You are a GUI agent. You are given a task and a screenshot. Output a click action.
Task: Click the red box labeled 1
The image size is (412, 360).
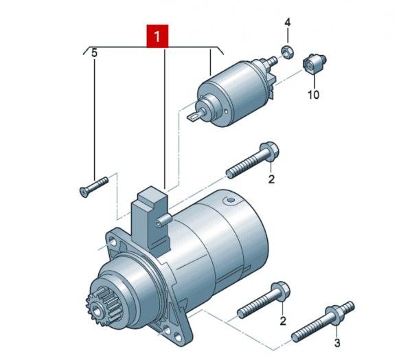(157, 36)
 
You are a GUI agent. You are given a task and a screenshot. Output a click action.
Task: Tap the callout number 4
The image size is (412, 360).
(288, 23)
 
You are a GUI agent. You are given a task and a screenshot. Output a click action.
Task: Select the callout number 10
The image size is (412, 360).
(314, 95)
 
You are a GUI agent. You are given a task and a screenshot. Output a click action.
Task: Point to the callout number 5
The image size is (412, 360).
(94, 53)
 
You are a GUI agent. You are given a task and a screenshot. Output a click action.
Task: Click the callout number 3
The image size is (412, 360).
(337, 343)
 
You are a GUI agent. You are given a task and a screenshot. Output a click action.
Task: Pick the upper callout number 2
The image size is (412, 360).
(271, 179)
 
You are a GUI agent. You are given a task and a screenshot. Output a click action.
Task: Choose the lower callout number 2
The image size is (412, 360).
(283, 321)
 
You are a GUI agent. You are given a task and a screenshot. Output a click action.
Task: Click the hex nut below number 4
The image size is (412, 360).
(288, 52)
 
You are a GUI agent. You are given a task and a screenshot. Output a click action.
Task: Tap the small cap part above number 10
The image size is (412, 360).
(314, 63)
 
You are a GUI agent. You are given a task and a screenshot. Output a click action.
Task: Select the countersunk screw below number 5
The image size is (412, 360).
(93, 187)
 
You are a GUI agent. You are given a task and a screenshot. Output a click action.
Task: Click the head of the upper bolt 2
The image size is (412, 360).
(270, 151)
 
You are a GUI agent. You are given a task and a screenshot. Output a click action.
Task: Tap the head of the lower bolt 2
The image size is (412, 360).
(281, 291)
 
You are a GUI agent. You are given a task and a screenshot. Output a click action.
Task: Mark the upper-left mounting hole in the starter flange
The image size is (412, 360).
(113, 242)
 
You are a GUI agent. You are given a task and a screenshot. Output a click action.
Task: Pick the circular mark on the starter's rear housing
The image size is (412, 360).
(229, 201)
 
